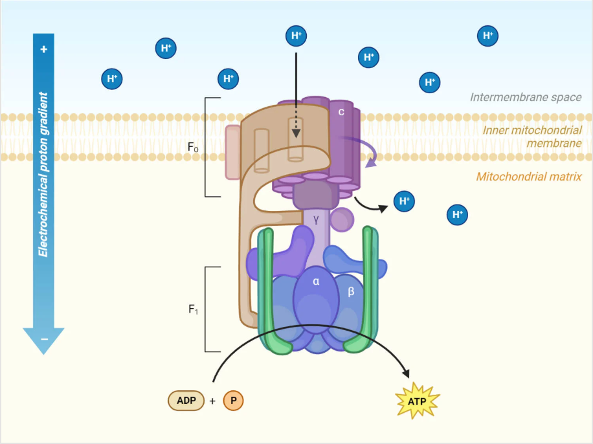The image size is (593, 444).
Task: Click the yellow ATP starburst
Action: (417, 401)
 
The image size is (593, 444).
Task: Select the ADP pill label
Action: (186, 401)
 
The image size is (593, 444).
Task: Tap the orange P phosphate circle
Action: (233, 401)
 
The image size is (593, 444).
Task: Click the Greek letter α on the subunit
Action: (316, 282)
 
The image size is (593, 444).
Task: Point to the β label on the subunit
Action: (351, 291)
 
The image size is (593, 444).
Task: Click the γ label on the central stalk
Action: (316, 219)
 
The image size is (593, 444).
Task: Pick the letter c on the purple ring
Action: (341, 111)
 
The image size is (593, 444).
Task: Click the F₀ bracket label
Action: (193, 147)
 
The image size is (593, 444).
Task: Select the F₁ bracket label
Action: (193, 309)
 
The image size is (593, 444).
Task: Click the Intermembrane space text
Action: (526, 97)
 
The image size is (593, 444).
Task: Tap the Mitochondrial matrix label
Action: (529, 177)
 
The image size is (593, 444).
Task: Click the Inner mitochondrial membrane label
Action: (532, 137)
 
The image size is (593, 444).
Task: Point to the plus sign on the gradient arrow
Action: (44, 49)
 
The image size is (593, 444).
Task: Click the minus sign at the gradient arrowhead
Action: (44, 339)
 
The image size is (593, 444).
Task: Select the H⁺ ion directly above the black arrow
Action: (296, 36)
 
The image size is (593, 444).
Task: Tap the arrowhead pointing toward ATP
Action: (406, 373)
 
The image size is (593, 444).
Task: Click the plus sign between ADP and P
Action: (212, 401)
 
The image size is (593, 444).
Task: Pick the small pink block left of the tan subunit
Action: (233, 152)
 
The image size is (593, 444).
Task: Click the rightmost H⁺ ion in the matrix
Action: (457, 215)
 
